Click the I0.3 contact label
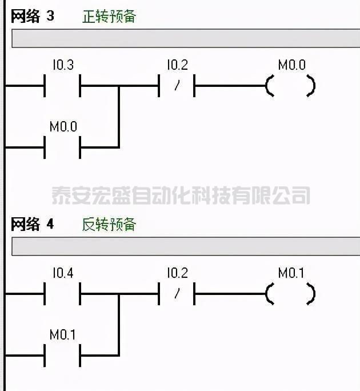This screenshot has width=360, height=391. [63, 65]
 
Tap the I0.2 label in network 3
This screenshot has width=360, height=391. [177, 65]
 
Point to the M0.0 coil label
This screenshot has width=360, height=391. [291, 65]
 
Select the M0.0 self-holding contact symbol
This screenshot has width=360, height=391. [62, 147]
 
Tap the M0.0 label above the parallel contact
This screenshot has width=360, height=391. [63, 126]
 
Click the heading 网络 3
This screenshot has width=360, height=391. [33, 16]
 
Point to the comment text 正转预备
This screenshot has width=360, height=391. [109, 16]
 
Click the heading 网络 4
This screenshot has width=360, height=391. [33, 224]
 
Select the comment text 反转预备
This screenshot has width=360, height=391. [109, 224]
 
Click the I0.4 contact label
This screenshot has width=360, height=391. [63, 273]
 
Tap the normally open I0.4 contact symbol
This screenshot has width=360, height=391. [62, 295]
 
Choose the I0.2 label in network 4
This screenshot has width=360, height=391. [177, 273]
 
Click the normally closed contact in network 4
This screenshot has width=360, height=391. [177, 295]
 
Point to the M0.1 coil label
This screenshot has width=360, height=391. [291, 273]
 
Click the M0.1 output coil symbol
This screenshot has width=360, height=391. [291, 295]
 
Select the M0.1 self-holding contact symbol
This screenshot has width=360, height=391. [62, 355]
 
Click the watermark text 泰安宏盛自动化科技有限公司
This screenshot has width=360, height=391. [181, 195]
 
